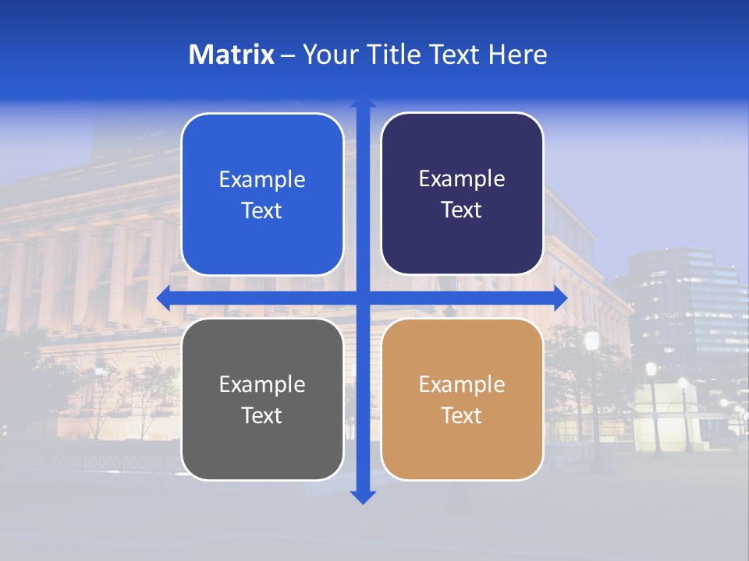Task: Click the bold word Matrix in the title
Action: [232, 55]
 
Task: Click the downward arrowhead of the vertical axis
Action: [363, 496]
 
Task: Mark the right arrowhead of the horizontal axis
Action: [559, 298]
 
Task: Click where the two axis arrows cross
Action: [363, 298]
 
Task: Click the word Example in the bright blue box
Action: [262, 180]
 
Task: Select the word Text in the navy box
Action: [462, 210]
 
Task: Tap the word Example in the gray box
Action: [262, 384]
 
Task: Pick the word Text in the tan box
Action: [462, 415]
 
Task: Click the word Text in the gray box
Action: [262, 415]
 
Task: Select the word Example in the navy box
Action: [462, 179]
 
